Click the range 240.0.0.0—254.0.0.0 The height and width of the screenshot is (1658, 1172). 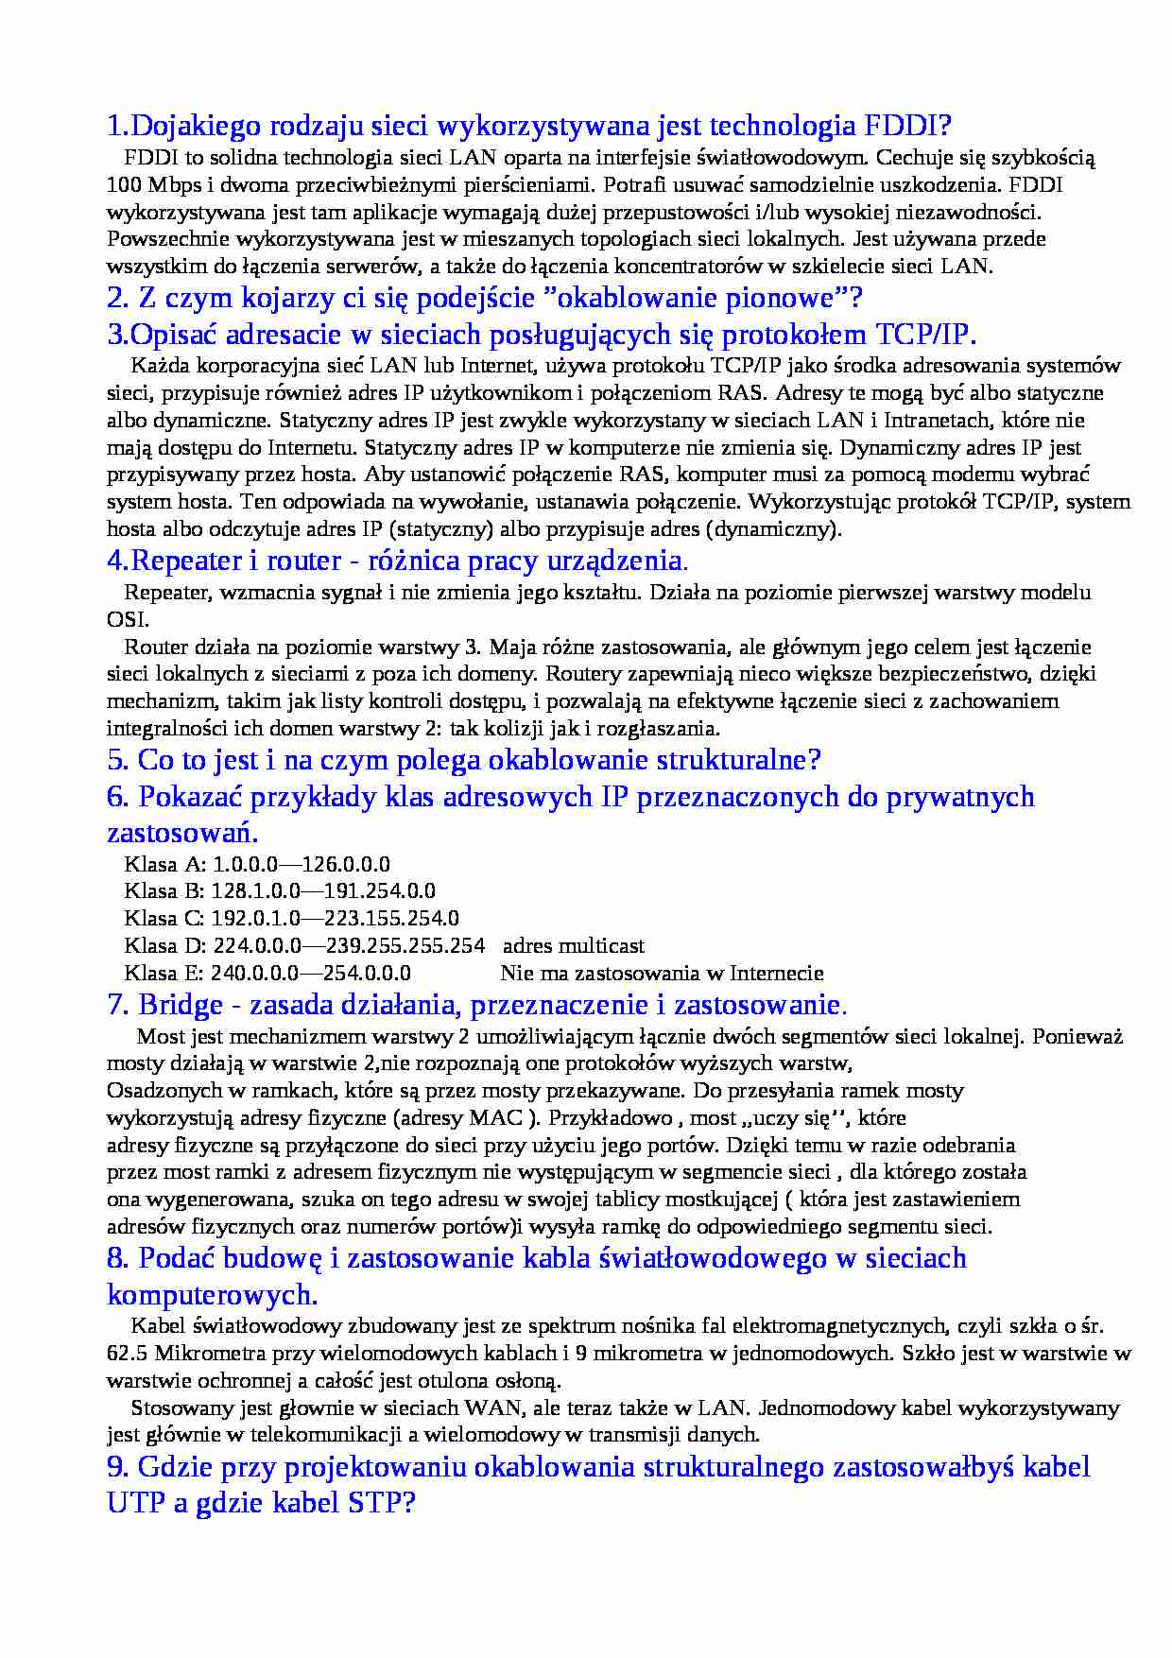[x=310, y=974]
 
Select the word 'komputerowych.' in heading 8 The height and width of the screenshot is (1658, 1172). [x=213, y=1294]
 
